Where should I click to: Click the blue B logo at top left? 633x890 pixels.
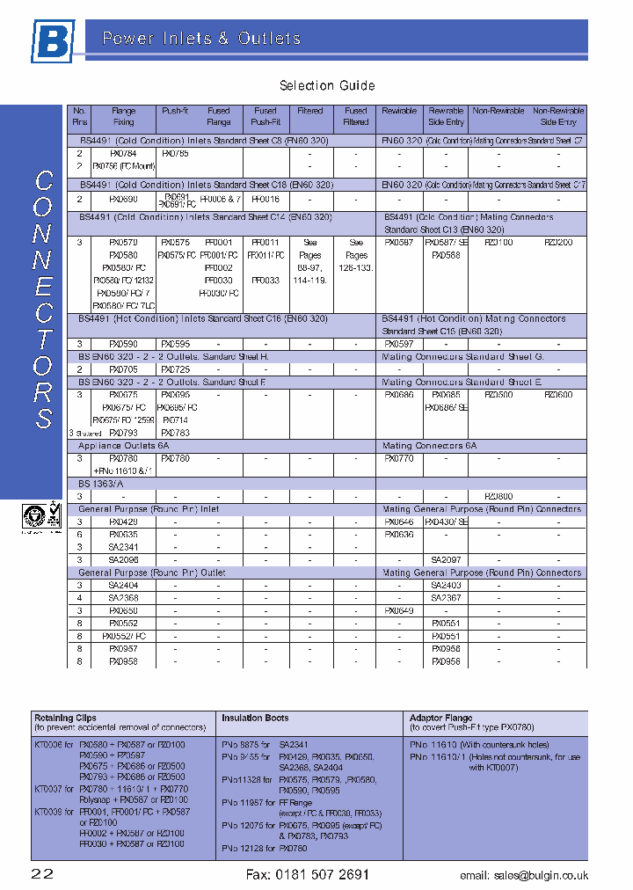tap(54, 41)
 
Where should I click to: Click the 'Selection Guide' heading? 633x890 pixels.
tap(327, 85)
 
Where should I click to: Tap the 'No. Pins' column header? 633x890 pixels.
tap(79, 116)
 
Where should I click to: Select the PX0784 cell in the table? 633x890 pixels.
tap(123, 153)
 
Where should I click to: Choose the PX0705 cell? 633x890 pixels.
tap(123, 370)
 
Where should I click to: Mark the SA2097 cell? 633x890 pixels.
tap(446, 560)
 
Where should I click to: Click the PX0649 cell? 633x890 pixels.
tap(399, 610)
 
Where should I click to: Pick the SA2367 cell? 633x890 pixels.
tap(446, 598)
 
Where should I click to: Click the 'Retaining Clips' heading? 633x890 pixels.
tap(65, 718)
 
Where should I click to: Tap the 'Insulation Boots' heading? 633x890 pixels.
tap(255, 718)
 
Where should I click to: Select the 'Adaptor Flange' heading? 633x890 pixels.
tap(441, 718)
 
